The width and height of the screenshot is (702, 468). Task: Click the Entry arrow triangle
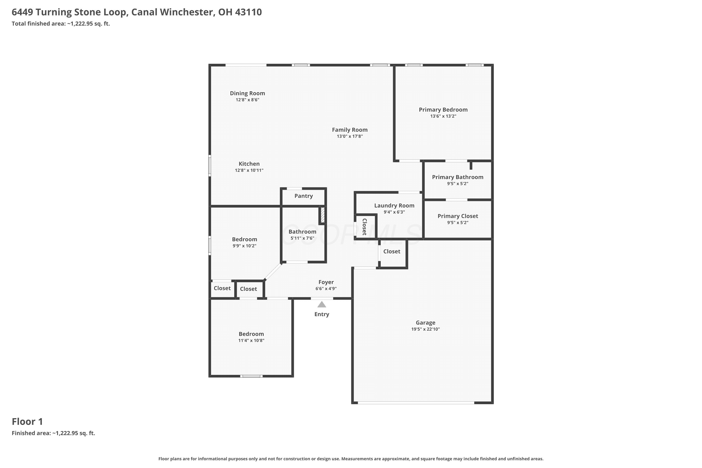pos(322,304)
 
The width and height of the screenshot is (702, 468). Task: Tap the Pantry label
pos(303,196)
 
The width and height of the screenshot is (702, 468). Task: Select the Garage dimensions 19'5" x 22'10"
pos(425,329)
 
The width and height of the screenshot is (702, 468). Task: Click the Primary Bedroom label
pos(443,110)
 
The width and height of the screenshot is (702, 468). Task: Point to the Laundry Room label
pos(394,206)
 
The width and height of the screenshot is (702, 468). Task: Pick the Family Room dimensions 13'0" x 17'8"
pos(350,136)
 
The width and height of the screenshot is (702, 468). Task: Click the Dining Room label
pos(247,93)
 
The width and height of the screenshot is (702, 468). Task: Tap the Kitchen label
pos(249,164)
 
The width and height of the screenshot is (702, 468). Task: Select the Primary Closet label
pos(458,216)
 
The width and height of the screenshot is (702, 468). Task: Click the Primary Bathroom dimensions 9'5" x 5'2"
pos(457,183)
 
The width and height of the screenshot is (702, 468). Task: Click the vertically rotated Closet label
pos(364,227)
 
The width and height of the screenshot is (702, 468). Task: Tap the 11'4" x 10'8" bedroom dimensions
pos(251,340)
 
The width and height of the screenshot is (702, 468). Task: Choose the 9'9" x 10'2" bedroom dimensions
pos(245,246)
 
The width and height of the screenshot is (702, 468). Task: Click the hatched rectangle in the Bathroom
pos(323,215)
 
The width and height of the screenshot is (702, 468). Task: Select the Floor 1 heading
pos(27,422)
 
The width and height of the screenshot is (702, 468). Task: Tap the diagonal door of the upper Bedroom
pos(273,272)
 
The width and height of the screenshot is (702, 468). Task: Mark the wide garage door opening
pos(416,403)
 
